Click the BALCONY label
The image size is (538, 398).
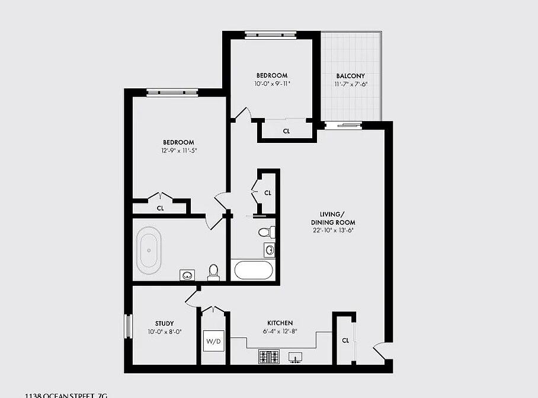coord(350,76)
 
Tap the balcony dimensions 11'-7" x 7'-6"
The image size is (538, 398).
coord(350,84)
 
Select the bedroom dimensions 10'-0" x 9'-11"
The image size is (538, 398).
coord(272,84)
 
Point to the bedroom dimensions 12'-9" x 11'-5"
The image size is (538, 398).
coord(178,151)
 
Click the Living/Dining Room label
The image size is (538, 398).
coord(333,218)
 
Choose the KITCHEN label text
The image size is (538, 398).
coord(278,323)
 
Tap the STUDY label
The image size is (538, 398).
coord(164,323)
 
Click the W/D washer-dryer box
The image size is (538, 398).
coord(213,341)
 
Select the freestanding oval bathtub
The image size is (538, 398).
coord(149,250)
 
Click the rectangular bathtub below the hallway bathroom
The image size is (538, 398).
coord(254,270)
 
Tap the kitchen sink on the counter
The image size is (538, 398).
coord(295,357)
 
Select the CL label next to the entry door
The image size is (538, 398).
coord(345,340)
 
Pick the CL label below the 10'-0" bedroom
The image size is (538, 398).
coord(286,131)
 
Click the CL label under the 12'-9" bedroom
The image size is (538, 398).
coord(160,208)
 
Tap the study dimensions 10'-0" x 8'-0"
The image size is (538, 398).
coord(164,332)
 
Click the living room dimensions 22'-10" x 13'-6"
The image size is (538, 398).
coord(333,230)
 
